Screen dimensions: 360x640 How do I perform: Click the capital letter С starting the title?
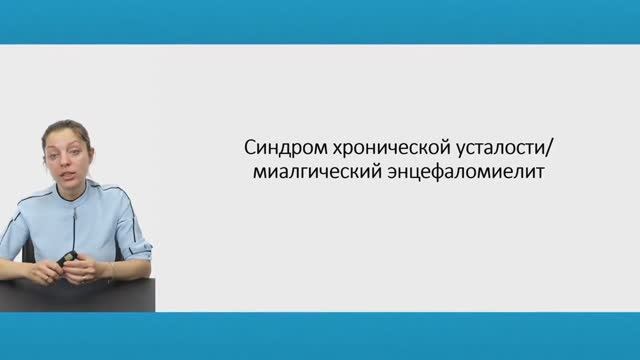coord(250,146)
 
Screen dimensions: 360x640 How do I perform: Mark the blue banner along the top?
coord(320,21)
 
